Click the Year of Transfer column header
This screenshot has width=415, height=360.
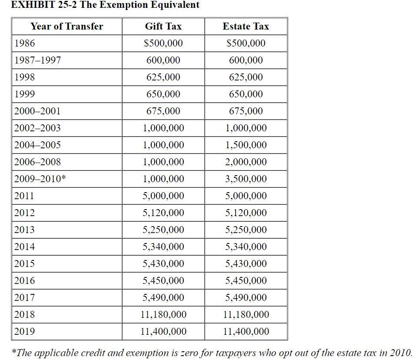(66, 26)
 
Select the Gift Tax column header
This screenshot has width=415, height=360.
(163, 26)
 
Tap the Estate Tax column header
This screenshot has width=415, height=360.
(246, 26)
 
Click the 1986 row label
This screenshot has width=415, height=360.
(25, 43)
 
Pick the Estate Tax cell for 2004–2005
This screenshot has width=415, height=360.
(246, 145)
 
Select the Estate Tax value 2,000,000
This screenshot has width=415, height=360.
(246, 162)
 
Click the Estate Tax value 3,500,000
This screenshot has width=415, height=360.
(246, 179)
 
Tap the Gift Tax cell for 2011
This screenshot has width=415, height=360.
(163, 196)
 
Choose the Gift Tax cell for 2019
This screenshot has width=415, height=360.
(163, 331)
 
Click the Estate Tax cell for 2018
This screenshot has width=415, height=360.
(246, 314)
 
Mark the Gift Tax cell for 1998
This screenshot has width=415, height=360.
(163, 77)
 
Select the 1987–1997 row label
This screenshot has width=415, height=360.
(37, 60)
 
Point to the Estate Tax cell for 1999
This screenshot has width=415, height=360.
(246, 94)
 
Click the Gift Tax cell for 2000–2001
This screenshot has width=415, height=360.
(163, 111)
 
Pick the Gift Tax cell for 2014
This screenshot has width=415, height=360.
(163, 247)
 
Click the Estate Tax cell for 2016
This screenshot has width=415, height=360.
(246, 280)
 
